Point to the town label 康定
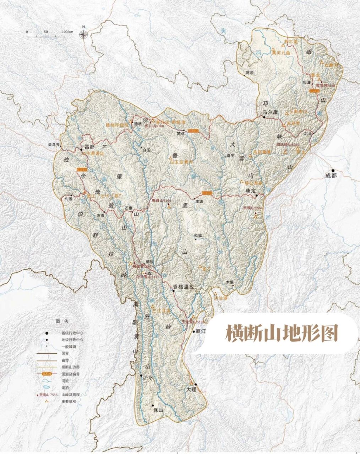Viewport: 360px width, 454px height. point(250,190)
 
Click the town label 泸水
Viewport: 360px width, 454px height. point(147,378)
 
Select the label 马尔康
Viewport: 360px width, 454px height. point(272,112)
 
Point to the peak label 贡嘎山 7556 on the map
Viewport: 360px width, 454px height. point(252,208)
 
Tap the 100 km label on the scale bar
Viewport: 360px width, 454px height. point(67,32)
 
